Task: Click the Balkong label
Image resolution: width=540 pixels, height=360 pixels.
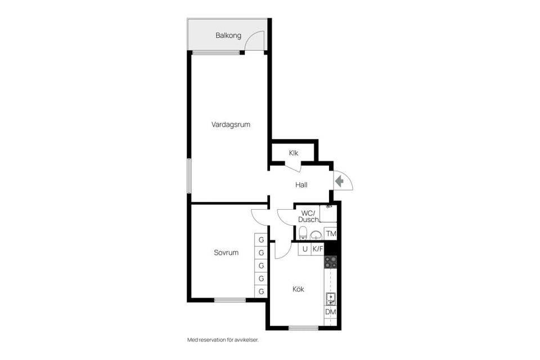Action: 228,35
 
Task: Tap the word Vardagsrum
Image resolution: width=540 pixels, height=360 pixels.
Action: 231,124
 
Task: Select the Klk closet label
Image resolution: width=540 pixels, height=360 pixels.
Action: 294,153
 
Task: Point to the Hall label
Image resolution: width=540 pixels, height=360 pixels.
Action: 301,184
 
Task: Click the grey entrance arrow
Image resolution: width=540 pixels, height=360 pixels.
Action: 340,181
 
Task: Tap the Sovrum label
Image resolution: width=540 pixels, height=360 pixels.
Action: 226,253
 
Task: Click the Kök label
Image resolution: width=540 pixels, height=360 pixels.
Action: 298,289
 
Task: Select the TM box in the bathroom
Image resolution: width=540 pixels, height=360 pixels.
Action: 331,233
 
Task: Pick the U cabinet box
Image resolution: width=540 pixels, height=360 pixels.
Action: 305,249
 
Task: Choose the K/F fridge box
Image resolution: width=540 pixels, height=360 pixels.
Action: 318,249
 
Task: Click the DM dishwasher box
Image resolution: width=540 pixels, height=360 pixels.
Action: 330,312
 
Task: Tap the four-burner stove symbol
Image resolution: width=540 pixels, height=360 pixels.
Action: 330,262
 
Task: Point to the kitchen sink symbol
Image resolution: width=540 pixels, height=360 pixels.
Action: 330,299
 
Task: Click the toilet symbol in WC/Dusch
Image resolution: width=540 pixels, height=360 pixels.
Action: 303,233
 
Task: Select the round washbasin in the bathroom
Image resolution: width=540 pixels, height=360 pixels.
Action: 316,235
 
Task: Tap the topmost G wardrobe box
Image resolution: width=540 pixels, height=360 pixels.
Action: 261,240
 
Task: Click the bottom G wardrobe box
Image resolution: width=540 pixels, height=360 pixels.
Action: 261,291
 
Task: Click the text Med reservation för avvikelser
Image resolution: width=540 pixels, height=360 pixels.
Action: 226,340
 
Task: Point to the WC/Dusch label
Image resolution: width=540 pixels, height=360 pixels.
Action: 308,216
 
